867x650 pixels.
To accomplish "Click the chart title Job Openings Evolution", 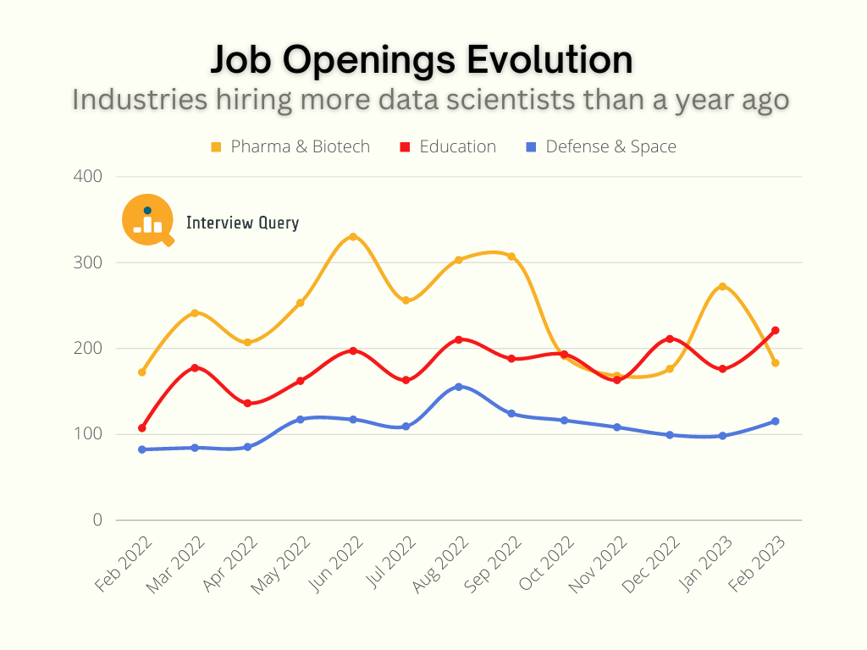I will point(421,61).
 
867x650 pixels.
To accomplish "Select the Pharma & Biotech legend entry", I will point(290,146).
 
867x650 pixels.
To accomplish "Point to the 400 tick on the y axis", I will point(87,176).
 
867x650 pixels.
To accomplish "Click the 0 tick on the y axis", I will point(97,520).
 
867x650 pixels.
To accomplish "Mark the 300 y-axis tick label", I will point(87,262).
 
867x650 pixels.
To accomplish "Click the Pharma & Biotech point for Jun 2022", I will point(353,236).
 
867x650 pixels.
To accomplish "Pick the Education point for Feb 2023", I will point(775,330).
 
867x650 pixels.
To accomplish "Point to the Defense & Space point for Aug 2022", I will point(459,387).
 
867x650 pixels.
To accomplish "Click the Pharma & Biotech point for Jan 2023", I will point(722,286).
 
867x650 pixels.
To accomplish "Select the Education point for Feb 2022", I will point(142,428).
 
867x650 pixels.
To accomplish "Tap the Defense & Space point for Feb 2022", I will point(142,449).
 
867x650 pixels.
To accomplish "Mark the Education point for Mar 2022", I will point(195,367).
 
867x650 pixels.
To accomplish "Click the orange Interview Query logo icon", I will point(148,221).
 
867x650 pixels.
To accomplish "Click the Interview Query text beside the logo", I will point(242,223).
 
